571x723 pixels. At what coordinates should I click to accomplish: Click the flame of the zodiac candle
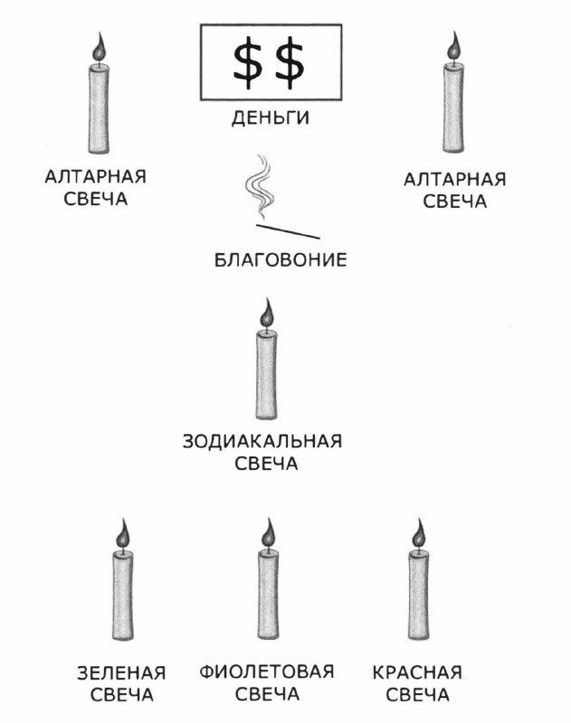[x=266, y=313]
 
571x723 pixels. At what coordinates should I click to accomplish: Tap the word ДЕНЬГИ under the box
[x=271, y=117]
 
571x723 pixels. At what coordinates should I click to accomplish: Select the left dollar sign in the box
[x=245, y=63]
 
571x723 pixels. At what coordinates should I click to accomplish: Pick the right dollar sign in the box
[x=290, y=63]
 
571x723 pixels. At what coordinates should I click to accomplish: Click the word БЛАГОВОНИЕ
[x=281, y=261]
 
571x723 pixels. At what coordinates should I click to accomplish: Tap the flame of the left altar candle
[x=100, y=46]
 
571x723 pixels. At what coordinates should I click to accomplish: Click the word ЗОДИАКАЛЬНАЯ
[x=263, y=442]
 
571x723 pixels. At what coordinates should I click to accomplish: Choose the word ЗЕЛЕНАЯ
[x=121, y=673]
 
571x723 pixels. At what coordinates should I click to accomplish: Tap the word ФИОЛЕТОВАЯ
[x=267, y=672]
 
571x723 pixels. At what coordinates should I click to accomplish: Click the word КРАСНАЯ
[x=417, y=673]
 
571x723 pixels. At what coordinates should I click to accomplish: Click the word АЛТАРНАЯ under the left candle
[x=96, y=177]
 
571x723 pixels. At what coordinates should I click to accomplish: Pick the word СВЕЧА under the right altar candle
[x=455, y=202]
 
